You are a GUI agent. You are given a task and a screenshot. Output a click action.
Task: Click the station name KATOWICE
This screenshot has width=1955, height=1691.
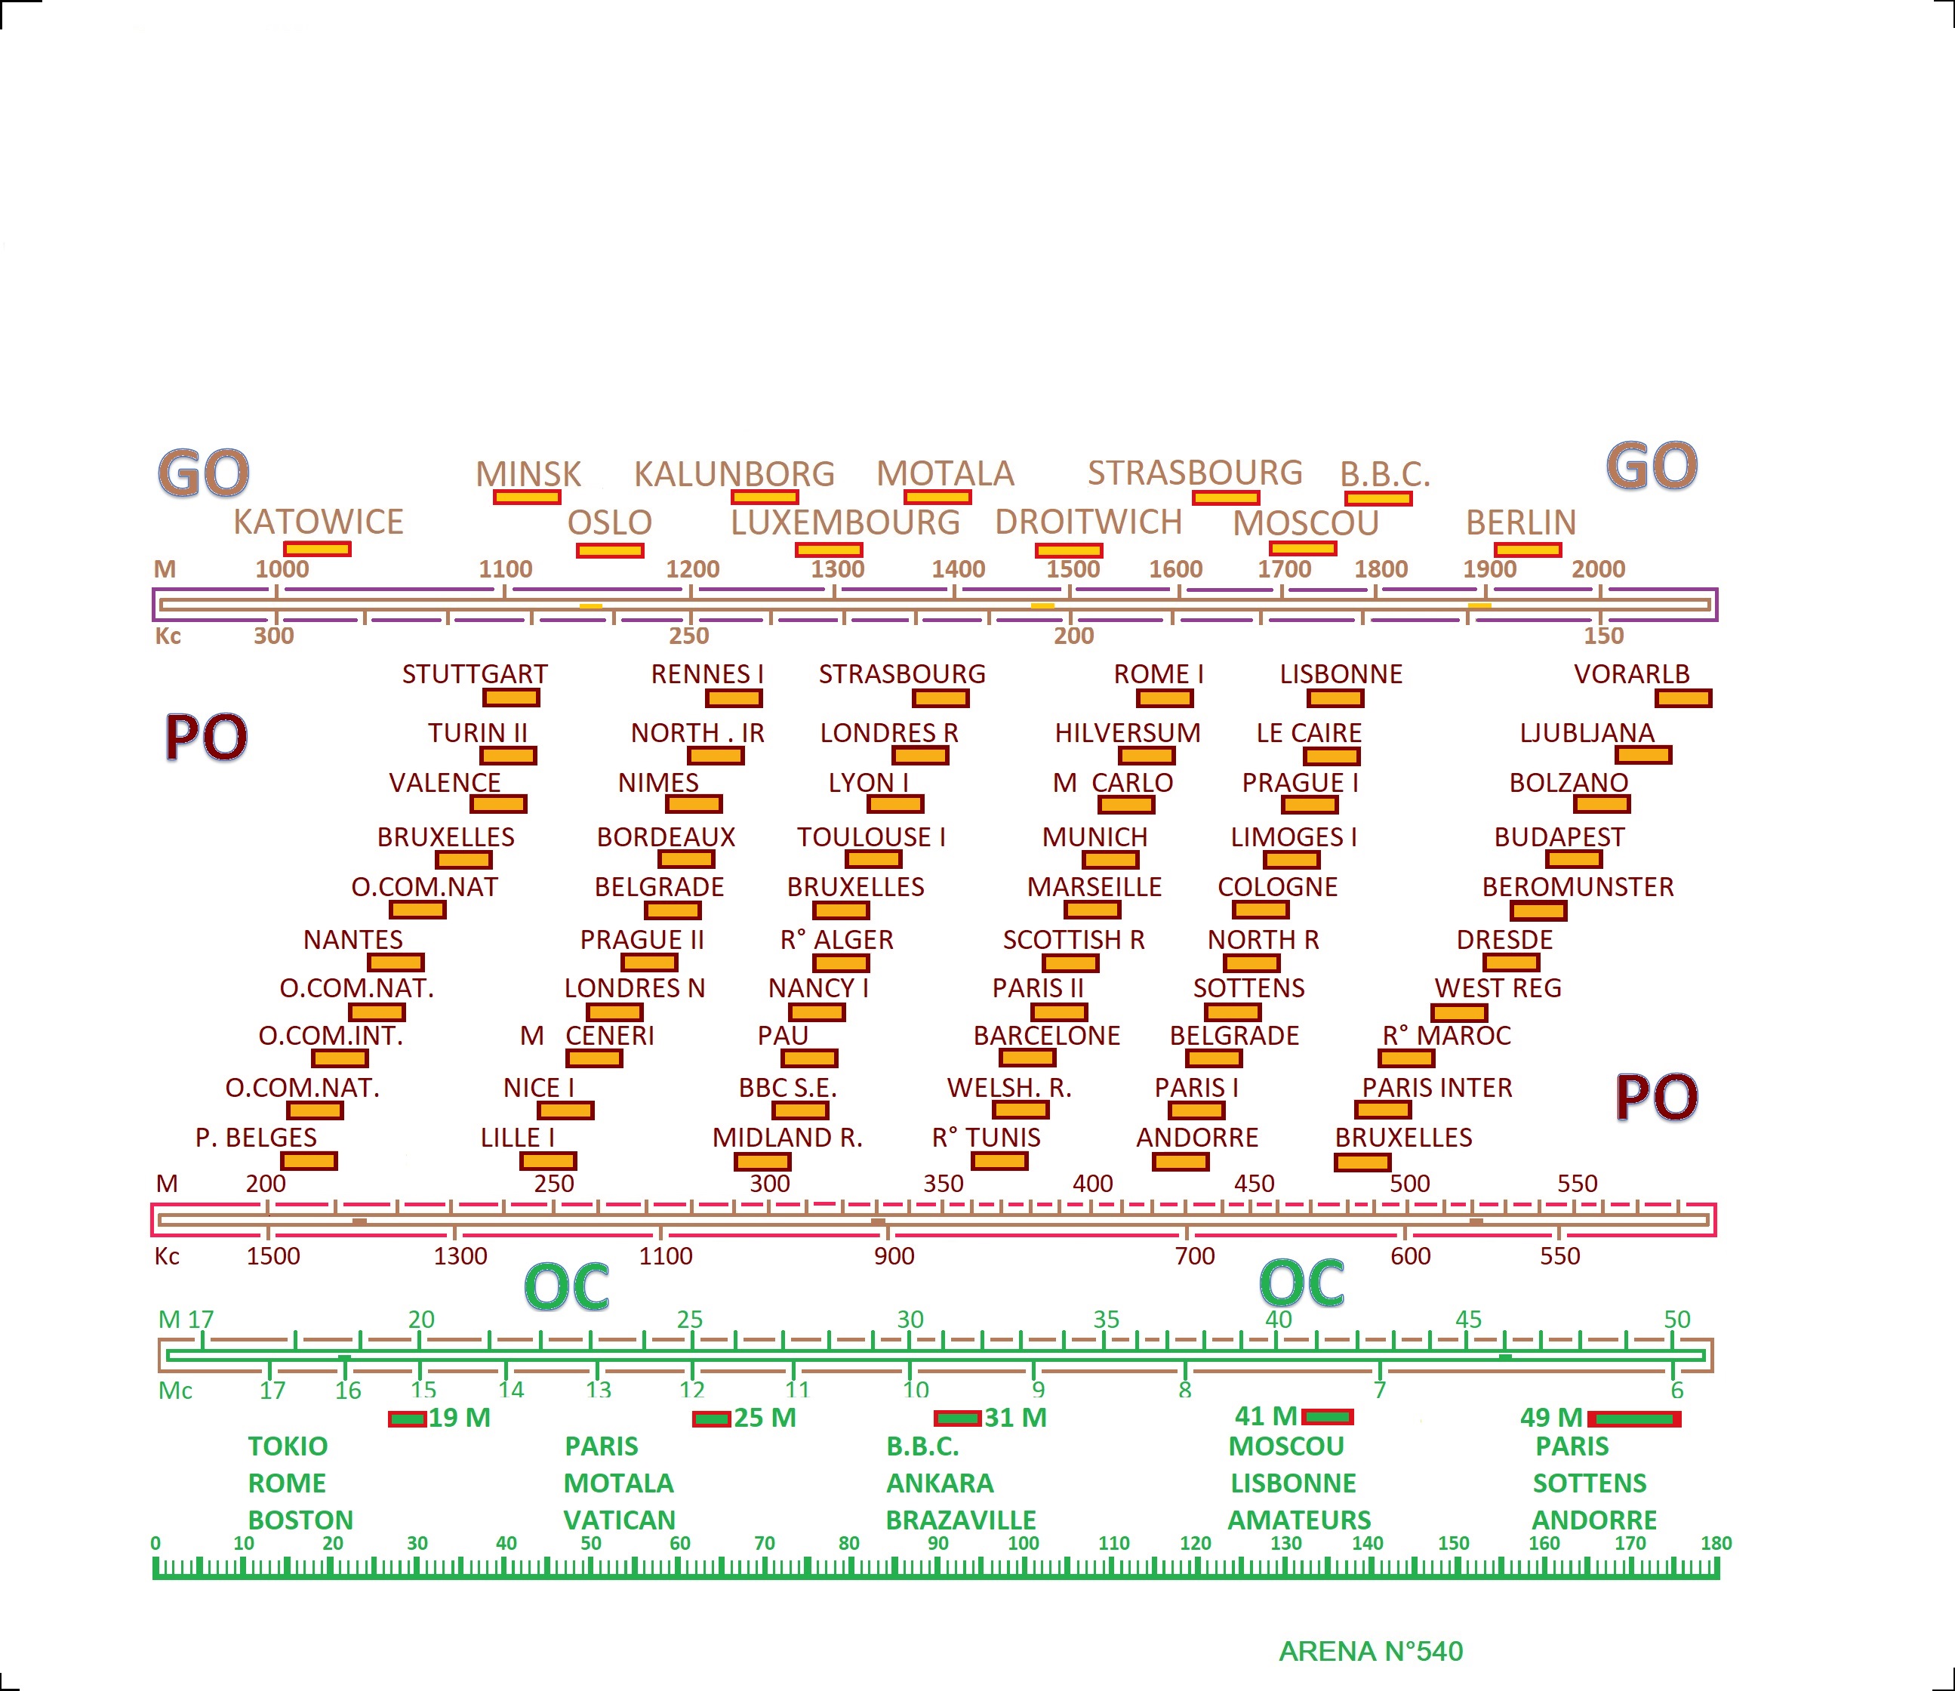tap(318, 522)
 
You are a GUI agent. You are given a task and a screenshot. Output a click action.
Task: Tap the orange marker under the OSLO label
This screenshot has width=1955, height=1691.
tap(611, 550)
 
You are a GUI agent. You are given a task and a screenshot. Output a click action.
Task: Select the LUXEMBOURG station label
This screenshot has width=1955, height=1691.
tap(845, 522)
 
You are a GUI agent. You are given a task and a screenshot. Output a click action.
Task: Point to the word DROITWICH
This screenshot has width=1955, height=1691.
tap(1088, 522)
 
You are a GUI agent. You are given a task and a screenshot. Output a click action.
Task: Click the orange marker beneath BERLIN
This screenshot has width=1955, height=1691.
tap(1528, 550)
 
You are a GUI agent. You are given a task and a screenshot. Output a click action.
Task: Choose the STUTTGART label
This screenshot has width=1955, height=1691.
tap(475, 673)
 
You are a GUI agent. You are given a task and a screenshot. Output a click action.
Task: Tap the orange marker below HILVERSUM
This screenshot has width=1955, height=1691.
tap(1147, 756)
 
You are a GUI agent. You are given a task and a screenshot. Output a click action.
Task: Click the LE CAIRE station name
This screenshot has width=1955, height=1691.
tap(1309, 733)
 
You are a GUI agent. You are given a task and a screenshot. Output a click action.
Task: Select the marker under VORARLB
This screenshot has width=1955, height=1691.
tap(1683, 698)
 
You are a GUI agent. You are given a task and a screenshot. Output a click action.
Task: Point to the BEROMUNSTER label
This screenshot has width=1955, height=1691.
tap(1578, 887)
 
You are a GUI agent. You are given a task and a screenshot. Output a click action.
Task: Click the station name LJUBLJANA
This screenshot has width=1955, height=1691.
tap(1587, 733)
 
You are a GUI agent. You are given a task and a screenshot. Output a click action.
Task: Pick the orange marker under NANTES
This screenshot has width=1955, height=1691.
tap(396, 963)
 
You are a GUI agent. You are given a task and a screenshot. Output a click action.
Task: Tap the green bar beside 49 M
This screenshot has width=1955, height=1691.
tap(1635, 1419)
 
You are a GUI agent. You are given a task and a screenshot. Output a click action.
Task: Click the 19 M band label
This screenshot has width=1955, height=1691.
tap(460, 1418)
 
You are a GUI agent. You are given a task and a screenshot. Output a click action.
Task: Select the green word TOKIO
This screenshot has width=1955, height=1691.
tap(288, 1446)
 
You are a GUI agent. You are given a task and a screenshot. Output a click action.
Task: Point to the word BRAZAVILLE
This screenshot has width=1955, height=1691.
tap(960, 1520)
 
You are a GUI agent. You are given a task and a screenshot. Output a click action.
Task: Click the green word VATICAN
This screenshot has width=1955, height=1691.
tap(619, 1520)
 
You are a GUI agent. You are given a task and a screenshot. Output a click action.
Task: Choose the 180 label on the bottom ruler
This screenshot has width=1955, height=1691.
tap(1715, 1543)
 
